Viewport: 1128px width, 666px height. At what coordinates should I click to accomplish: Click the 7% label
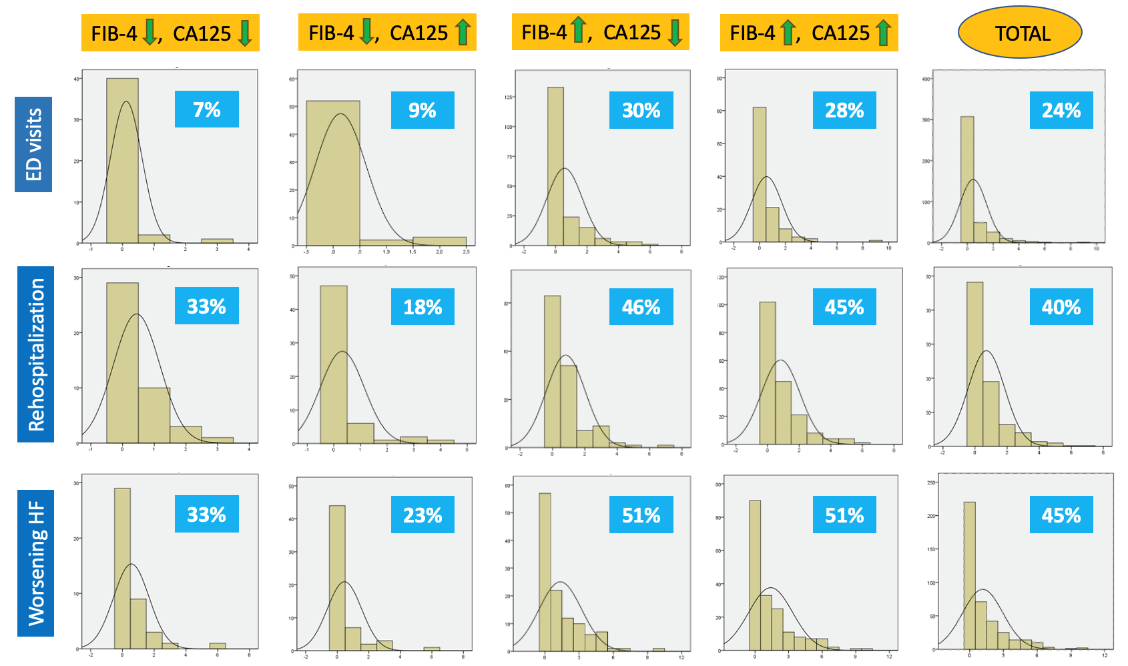point(207,109)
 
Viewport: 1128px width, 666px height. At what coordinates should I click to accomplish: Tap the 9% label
point(422,110)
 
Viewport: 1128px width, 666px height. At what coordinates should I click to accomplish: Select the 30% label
point(641,110)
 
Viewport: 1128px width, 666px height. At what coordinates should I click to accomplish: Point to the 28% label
point(844,110)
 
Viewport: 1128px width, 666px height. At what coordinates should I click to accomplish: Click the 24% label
point(1061,110)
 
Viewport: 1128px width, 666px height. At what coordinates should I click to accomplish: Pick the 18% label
point(422,307)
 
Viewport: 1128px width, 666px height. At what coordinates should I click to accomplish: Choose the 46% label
point(641,307)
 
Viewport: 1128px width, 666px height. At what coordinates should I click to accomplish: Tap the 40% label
point(1061,307)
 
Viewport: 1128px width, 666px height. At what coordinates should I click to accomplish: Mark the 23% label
point(422,515)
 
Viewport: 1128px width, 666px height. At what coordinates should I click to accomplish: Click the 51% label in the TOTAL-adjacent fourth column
point(844,515)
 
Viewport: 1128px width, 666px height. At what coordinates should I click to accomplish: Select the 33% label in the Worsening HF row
point(207,515)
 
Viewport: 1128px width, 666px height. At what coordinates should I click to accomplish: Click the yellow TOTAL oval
point(1020,33)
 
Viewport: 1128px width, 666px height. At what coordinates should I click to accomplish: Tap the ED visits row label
point(33,144)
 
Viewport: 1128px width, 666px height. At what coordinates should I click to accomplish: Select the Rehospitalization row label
point(36,354)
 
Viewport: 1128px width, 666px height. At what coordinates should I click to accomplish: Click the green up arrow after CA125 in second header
point(463,32)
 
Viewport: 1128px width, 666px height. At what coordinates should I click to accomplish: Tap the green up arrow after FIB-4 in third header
point(578,31)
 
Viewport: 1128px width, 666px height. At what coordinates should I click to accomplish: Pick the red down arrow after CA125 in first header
point(245,33)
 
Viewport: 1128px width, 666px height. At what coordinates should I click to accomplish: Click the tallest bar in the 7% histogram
point(122,160)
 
